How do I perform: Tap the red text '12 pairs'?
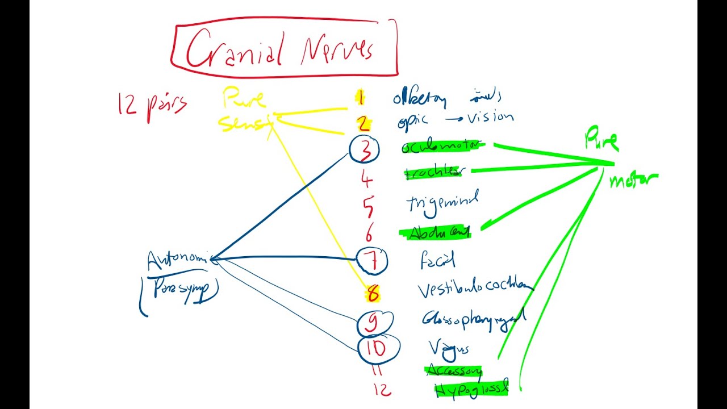[x=151, y=105]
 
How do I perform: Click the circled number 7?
[x=372, y=261]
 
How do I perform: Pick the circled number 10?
[x=377, y=348]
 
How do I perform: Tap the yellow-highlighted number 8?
[x=373, y=294]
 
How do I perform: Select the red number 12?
[x=382, y=390]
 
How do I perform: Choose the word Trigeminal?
[x=442, y=202]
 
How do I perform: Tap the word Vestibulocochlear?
[x=475, y=289]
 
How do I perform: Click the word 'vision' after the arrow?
[x=490, y=118]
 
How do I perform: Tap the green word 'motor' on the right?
[x=633, y=180]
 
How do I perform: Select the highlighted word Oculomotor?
[x=442, y=147]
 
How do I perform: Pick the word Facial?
[x=437, y=261]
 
